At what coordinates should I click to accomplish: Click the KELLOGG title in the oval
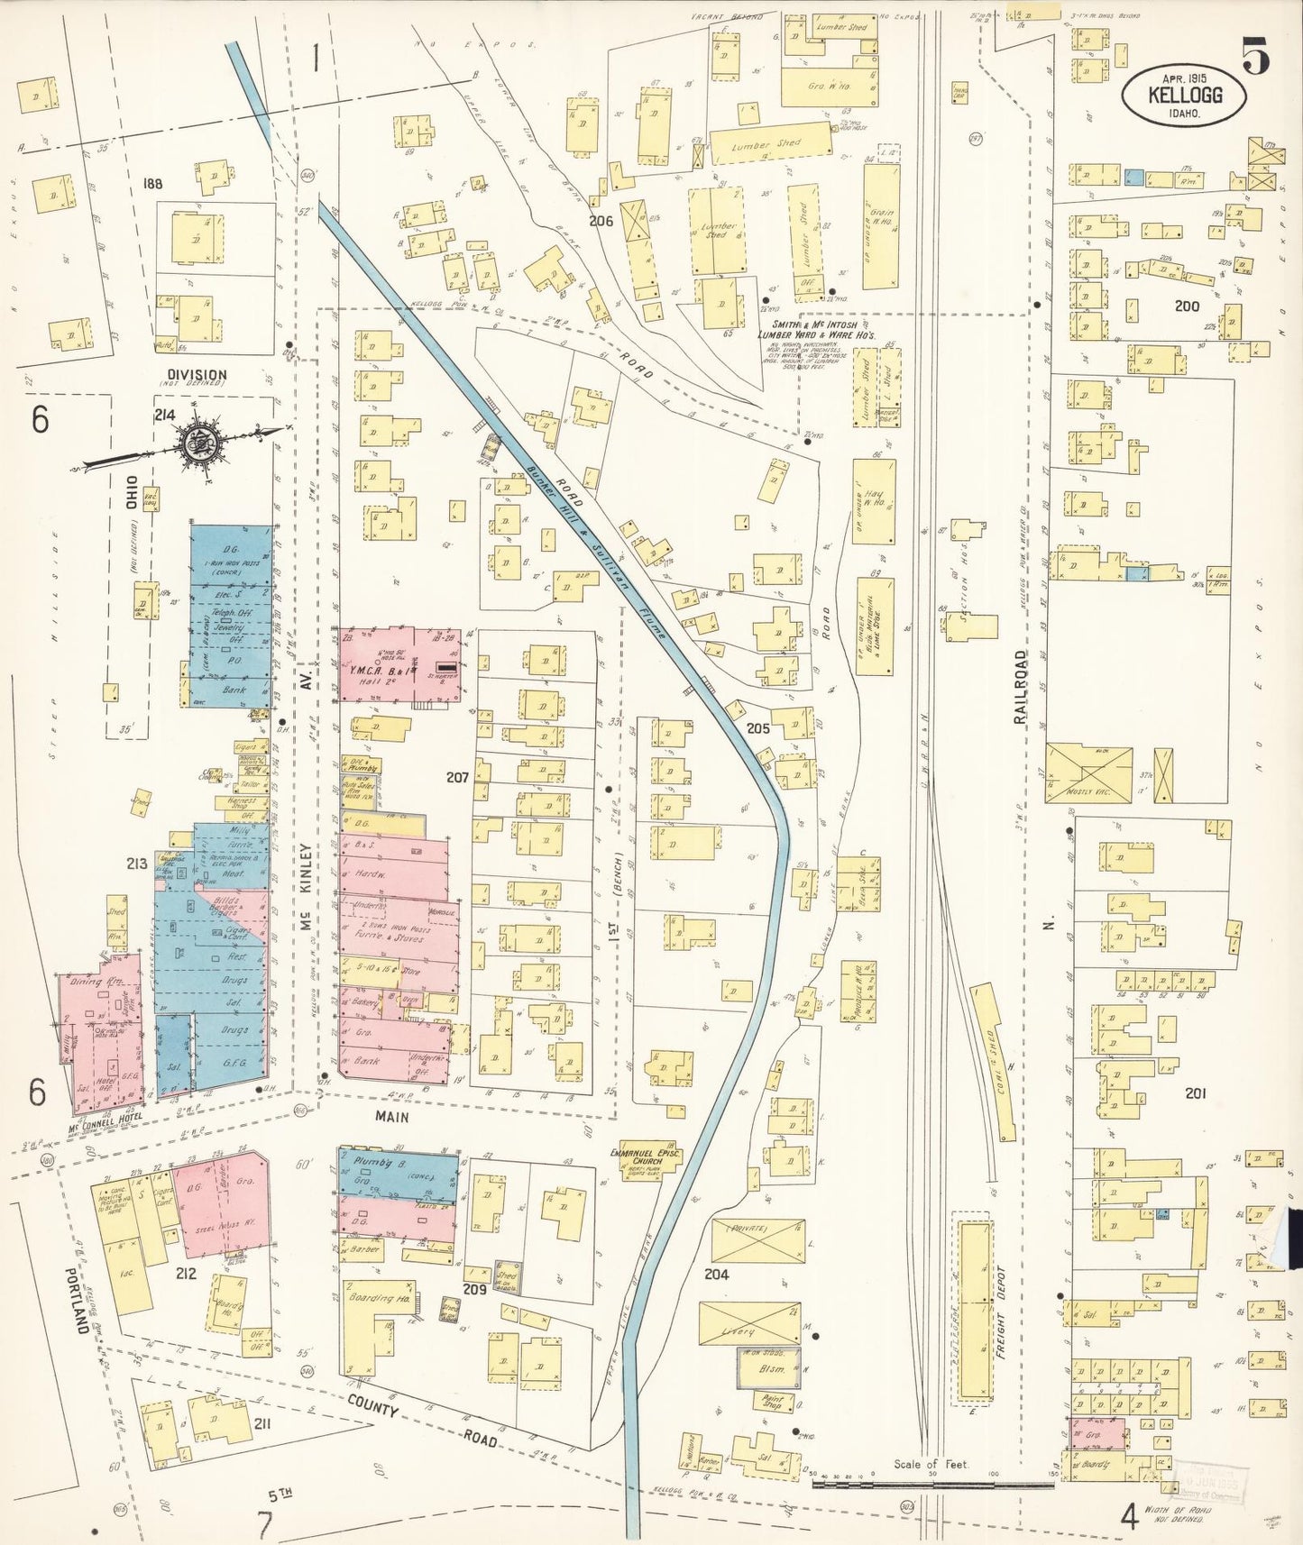pos(1185,94)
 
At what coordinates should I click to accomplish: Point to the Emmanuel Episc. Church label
pos(645,1157)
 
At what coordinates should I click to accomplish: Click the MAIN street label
pos(392,1117)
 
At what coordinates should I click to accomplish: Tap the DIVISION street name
pos(197,375)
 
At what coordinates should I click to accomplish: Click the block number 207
pos(457,777)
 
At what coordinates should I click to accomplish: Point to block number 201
pos(1195,1093)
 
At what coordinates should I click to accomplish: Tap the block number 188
pos(152,184)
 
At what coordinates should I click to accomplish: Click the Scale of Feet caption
pos(931,1464)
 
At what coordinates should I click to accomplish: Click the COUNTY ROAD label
pos(424,1418)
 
